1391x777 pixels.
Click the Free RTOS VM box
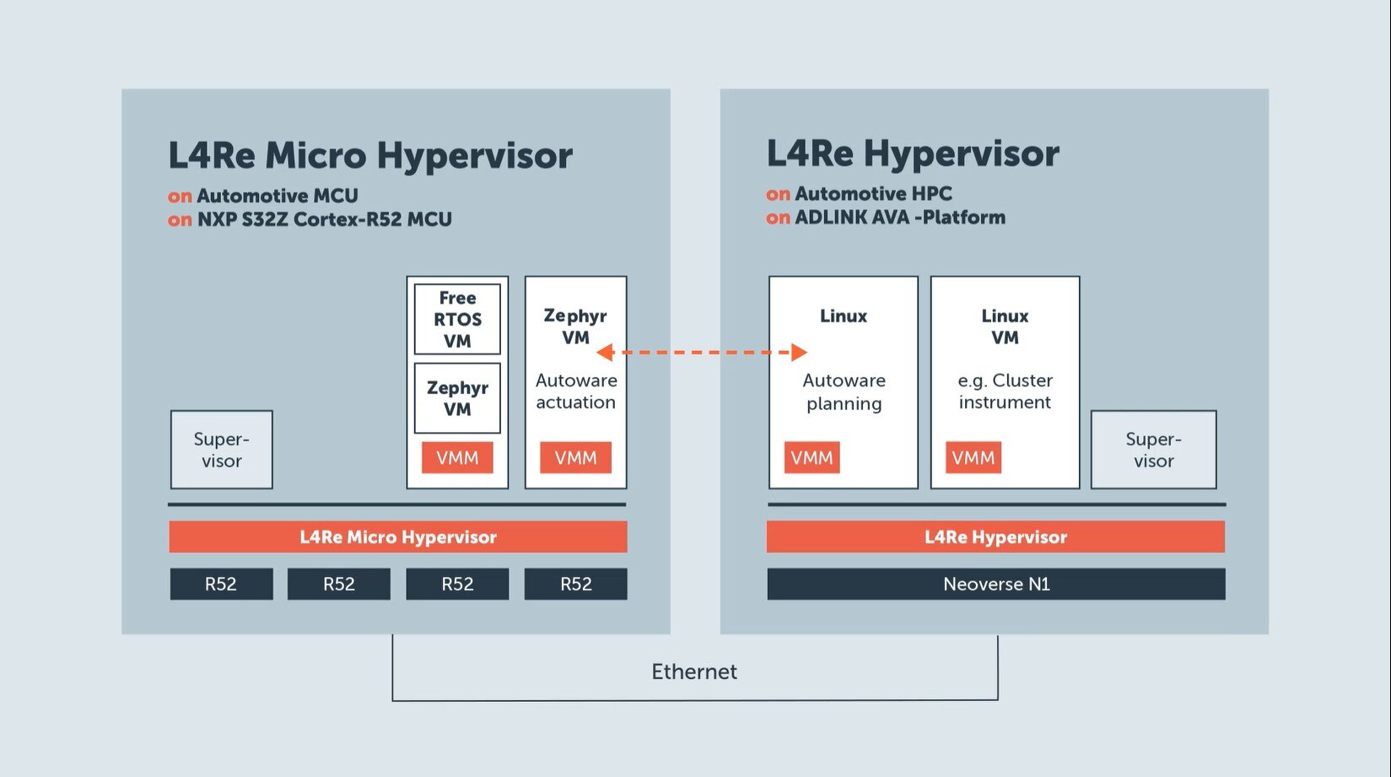pos(457,319)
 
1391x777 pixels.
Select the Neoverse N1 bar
pos(995,584)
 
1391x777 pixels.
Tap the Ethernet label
pos(693,672)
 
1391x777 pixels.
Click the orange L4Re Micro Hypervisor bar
pos(397,537)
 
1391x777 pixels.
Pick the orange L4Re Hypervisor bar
pos(995,537)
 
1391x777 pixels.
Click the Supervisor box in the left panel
pos(221,450)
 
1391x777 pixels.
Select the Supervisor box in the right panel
pos(1153,450)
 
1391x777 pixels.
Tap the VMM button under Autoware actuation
pos(575,457)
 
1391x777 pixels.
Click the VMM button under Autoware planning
pos(811,457)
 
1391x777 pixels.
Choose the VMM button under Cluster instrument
pos(973,457)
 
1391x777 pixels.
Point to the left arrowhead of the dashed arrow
pos(605,352)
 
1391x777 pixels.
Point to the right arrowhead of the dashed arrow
pos(799,352)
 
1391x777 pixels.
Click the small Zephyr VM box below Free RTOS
pos(457,398)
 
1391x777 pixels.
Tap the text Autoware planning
pos(844,391)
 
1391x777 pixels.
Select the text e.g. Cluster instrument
pos(1005,391)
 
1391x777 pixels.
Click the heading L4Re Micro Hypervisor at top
pos(369,155)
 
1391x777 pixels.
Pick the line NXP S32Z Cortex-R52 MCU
pos(324,219)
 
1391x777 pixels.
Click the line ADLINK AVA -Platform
pos(899,217)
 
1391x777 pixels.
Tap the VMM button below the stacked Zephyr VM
pos(457,457)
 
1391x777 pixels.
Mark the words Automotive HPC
pos(873,193)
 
